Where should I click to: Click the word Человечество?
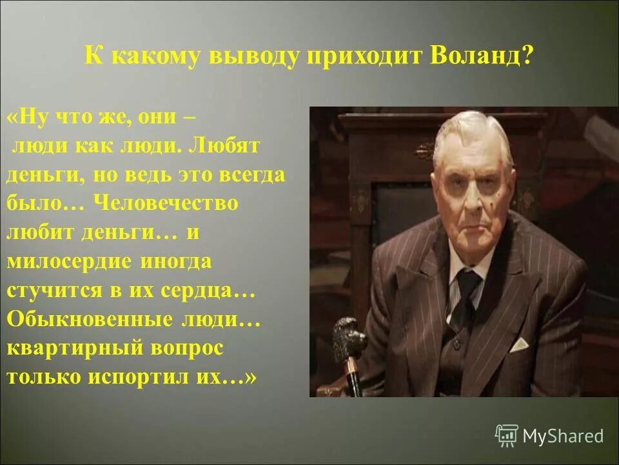coord(166,203)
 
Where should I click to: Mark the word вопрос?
coord(187,347)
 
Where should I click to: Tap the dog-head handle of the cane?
coord(349,333)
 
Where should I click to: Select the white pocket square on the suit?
coord(519,343)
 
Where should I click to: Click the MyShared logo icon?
coord(507,436)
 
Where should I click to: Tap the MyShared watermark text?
coord(563,437)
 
